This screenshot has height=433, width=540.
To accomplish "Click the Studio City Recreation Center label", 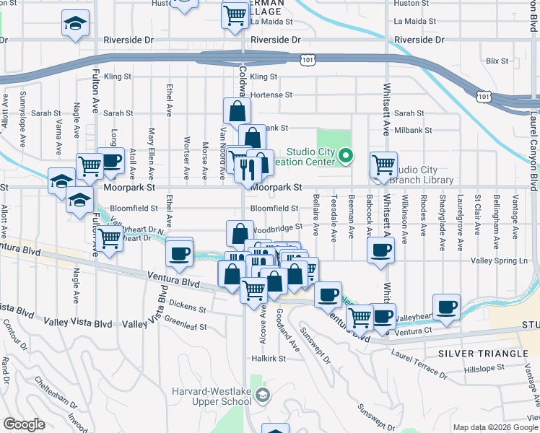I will pos(311,157).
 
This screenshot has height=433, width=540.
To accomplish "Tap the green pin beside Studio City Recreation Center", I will pos(347,154).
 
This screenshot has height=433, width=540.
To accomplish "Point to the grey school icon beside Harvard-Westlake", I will pos(263,394).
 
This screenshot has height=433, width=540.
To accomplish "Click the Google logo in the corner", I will pos(24,424).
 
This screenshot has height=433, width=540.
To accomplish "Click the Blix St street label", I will pos(497,61).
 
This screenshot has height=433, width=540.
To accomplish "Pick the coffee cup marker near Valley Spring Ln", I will pos(380,250).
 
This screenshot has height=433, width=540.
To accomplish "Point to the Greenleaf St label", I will pos(185,323).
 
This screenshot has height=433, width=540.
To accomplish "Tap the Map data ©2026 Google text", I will pos(495,427).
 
